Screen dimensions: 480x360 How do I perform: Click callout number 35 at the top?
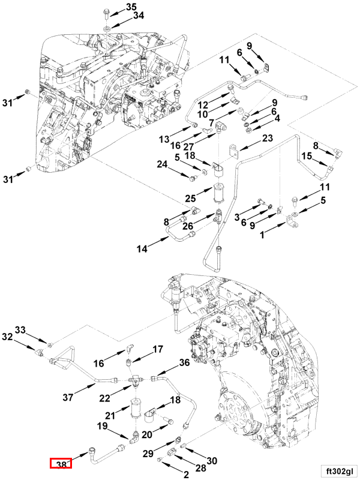(131, 7)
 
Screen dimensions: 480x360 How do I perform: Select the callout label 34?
(138, 16)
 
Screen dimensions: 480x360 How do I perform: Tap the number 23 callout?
(268, 139)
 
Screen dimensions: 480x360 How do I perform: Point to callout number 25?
(190, 199)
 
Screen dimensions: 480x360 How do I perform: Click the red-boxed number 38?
(61, 464)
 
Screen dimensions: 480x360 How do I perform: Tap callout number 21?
(109, 416)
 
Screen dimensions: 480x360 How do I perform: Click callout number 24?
(162, 164)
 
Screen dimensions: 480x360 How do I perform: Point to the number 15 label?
(307, 157)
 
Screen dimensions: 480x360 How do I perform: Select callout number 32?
(7, 337)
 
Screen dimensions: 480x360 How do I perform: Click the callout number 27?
(188, 146)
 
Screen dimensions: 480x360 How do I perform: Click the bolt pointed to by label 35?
(106, 12)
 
